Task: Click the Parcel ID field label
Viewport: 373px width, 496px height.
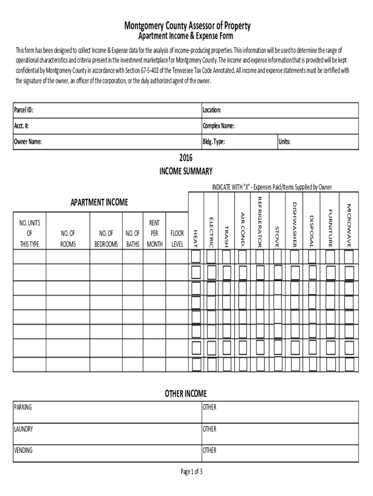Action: pos(24,110)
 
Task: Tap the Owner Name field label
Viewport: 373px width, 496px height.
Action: pos(28,142)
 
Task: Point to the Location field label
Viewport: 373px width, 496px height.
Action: pos(212,110)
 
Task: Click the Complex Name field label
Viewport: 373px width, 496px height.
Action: pos(218,126)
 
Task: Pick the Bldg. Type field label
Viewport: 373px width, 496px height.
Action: pos(213,142)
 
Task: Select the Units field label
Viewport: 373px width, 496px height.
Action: pos(284,142)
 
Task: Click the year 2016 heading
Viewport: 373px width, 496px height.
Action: pos(186,158)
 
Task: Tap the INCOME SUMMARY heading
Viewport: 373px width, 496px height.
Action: pos(186,171)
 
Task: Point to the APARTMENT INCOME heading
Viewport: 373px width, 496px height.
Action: pos(99,202)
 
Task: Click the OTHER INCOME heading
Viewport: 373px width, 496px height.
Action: pos(186,393)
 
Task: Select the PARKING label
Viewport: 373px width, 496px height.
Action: pos(23,407)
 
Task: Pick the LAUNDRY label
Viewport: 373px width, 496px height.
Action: pos(24,429)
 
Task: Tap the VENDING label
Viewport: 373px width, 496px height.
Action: pos(23,450)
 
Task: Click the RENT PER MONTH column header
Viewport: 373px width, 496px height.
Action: pos(155,233)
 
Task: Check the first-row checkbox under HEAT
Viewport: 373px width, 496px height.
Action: pos(196,256)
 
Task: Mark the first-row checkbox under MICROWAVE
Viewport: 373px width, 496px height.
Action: pos(348,256)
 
